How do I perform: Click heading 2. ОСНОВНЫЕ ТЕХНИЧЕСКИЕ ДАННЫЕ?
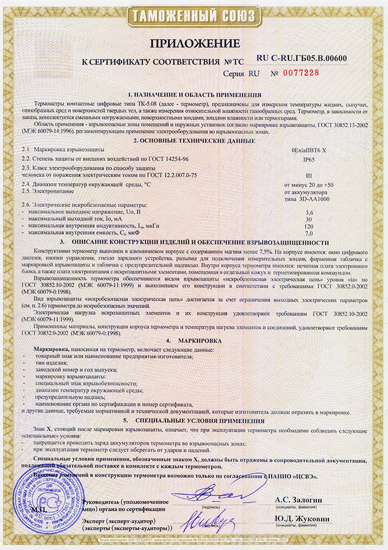point(194,140)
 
